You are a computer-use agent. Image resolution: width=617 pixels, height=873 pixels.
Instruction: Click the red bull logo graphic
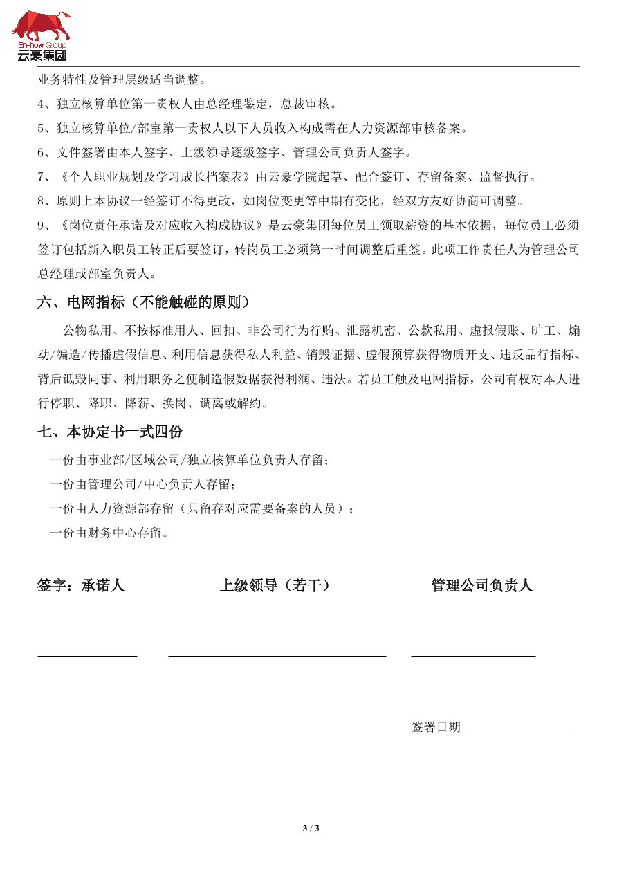point(40,26)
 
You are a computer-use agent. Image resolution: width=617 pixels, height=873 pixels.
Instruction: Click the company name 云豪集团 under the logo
point(42,56)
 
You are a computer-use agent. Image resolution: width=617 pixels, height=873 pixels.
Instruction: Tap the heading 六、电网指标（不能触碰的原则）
point(143,302)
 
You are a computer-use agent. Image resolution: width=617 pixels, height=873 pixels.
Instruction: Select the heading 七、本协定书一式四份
point(110,432)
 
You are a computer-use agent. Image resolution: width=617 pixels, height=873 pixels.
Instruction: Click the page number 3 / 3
point(311,828)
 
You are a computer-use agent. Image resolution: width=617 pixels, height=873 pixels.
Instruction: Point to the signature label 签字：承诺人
point(81,585)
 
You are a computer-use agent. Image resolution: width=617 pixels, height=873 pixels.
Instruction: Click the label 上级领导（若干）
point(275,585)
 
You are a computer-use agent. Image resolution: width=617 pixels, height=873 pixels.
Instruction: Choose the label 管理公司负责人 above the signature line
point(481,585)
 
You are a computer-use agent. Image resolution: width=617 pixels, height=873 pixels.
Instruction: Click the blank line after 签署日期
point(520,732)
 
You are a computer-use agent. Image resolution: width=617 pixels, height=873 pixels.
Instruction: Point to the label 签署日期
point(436,727)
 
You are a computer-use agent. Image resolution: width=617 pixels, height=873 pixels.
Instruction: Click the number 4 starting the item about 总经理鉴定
point(41,104)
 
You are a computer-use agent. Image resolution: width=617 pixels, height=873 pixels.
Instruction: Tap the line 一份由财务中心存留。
point(109,533)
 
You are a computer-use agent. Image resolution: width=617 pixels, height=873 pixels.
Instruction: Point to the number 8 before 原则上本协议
point(41,201)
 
